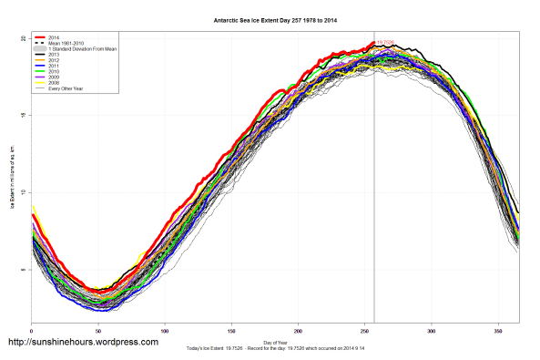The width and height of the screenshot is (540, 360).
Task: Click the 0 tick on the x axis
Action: click(32, 330)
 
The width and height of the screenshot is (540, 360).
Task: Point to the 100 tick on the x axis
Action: click(165, 330)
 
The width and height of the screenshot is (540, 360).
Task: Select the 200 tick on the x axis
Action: click(298, 330)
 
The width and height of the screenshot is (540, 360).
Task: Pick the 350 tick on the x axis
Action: click(497, 330)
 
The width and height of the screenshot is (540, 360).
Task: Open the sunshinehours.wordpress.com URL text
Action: click(83, 344)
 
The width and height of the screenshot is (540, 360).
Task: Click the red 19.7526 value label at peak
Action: click(385, 42)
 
